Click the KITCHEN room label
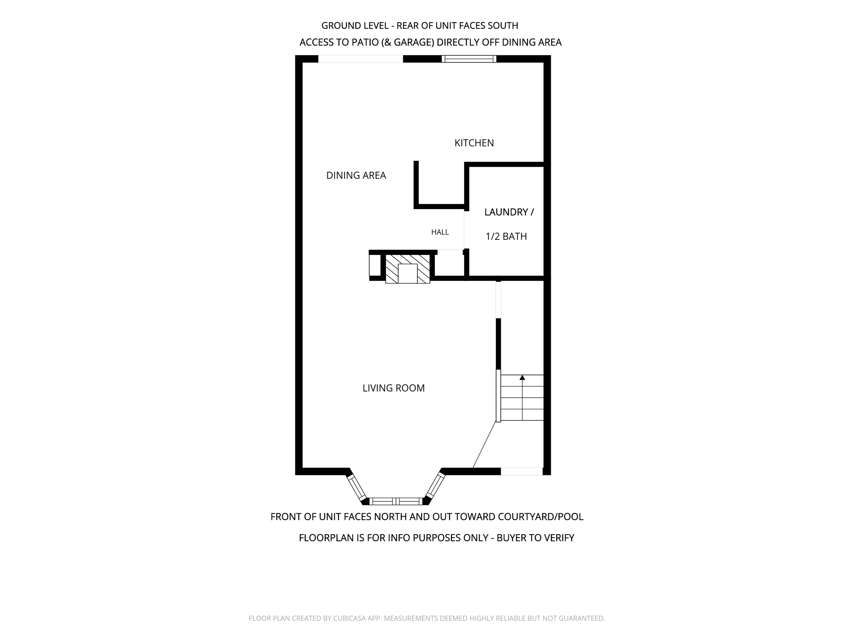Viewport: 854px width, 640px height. pos(474,143)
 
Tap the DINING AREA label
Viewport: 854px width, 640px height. pos(356,175)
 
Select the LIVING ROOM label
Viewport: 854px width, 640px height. pos(394,388)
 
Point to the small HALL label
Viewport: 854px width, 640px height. pos(440,232)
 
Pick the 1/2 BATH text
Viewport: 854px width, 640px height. pos(506,237)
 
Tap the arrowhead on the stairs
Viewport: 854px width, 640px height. pos(522,377)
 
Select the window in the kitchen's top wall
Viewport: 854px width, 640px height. pos(469,59)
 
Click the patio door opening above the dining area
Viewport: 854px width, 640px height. pos(361,59)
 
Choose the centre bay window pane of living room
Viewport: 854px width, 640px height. pos(396,501)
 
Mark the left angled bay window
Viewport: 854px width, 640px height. pos(357,488)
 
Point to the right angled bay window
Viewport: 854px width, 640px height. pos(435,487)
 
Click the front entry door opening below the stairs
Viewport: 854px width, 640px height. pos(522,471)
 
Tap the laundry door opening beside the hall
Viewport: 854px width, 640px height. pos(467,230)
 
